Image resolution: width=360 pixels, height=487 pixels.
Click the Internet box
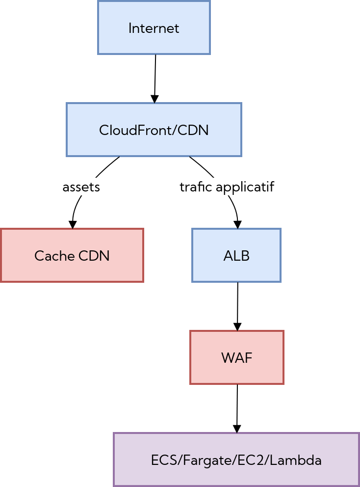tap(154, 28)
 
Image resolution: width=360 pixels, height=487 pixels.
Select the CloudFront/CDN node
tap(154, 130)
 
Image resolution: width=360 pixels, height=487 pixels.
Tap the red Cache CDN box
tap(72, 255)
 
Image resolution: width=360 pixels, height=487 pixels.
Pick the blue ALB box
tap(236, 255)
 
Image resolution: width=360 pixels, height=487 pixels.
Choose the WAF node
tap(236, 357)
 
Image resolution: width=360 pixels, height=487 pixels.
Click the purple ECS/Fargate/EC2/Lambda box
tap(236, 460)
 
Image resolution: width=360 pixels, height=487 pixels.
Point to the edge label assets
tap(81, 187)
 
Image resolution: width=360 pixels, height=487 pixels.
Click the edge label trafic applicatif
tap(227, 187)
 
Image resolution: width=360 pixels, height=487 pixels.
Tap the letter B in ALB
tap(246, 256)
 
